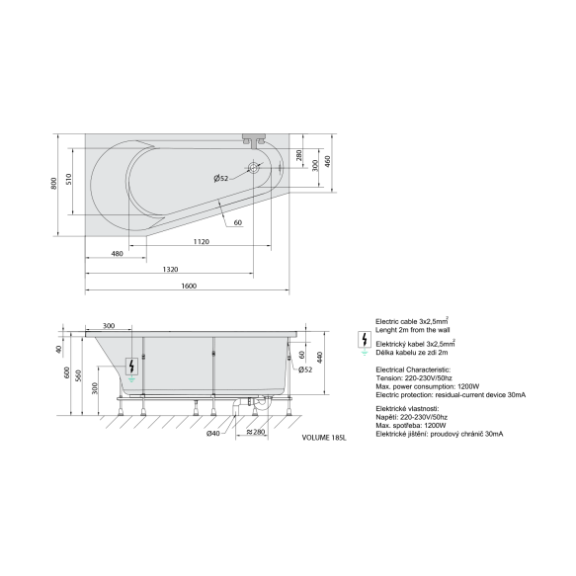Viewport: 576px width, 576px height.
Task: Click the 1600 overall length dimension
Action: tap(189, 286)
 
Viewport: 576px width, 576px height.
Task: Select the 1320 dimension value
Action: tap(170, 270)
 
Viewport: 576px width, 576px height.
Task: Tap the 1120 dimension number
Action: tap(202, 242)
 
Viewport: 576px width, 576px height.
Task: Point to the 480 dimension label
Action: tap(117, 254)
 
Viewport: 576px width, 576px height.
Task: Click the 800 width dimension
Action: tap(54, 184)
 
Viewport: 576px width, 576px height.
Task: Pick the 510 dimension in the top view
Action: tap(69, 179)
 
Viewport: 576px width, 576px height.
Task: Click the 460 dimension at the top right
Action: tap(328, 161)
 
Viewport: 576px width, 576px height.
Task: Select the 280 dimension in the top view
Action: tap(298, 155)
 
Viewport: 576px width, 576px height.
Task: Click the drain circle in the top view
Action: tap(253, 168)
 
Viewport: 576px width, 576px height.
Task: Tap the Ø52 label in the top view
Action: tap(221, 179)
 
